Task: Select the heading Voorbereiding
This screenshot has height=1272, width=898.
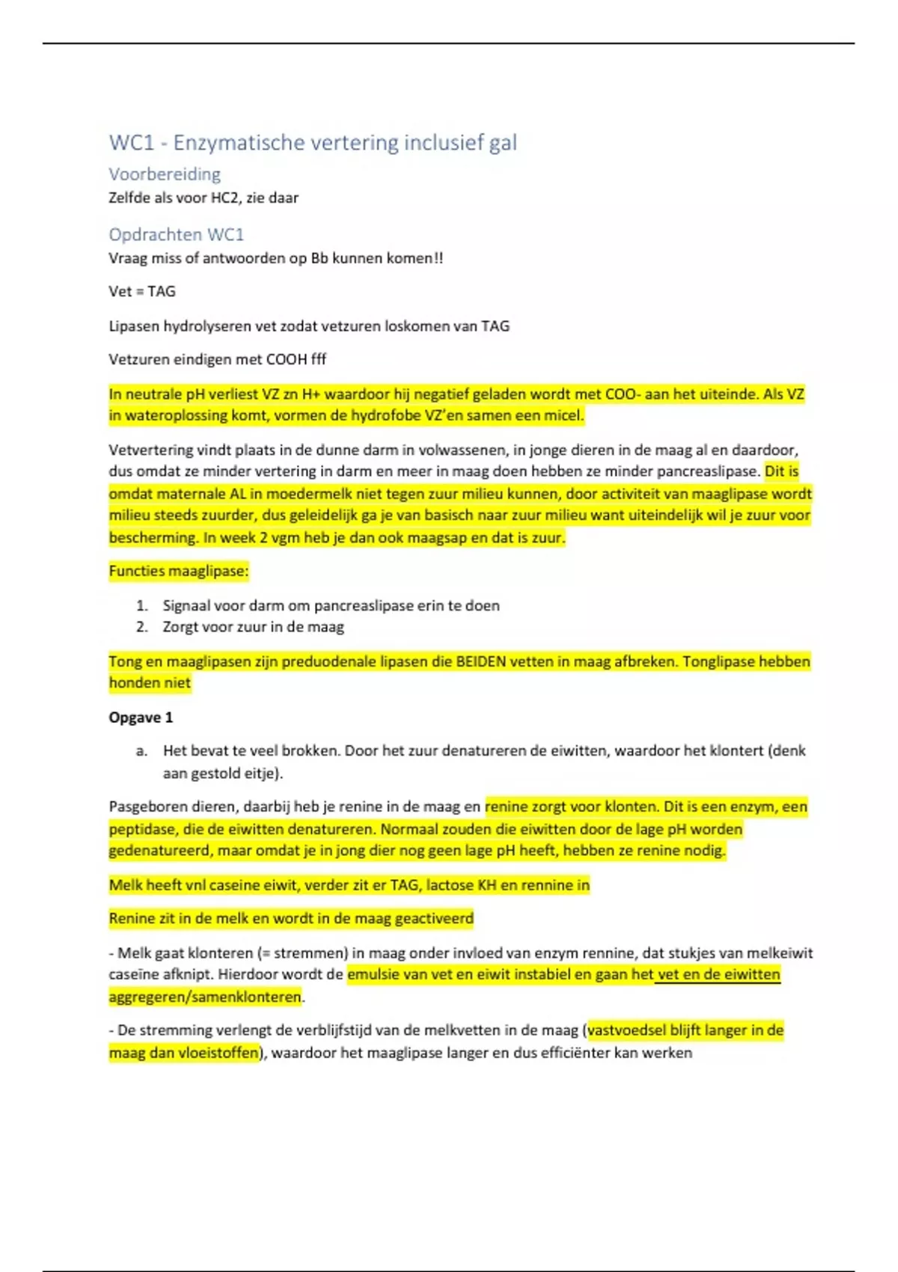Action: click(165, 174)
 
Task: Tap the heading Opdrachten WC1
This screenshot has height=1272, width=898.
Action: click(177, 235)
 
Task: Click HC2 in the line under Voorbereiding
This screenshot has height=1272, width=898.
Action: click(225, 198)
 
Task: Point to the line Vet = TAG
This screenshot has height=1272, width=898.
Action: click(142, 292)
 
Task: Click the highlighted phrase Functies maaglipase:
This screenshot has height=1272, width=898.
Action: click(179, 572)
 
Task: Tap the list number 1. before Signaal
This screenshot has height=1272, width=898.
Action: click(142, 606)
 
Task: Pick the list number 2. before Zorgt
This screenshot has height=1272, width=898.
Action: click(142, 628)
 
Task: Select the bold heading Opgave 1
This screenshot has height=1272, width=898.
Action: click(141, 718)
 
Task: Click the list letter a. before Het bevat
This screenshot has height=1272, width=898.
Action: click(142, 751)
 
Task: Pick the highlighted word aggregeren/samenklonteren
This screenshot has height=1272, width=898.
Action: click(205, 997)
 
